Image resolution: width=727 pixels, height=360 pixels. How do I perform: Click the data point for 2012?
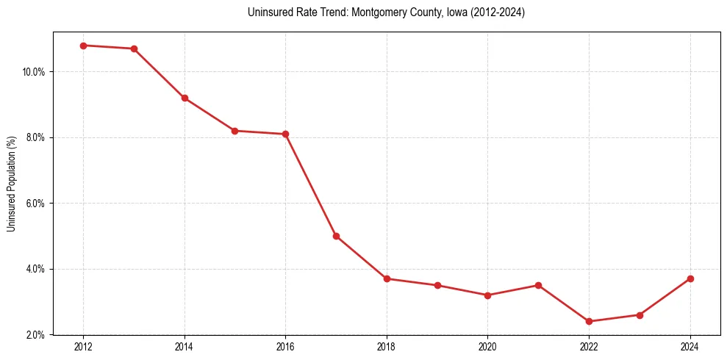click(83, 46)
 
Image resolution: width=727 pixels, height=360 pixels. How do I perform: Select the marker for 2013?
click(134, 48)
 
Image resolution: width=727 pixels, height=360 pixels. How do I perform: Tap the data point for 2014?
click(185, 98)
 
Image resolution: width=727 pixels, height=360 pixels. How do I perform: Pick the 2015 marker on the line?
click(234, 131)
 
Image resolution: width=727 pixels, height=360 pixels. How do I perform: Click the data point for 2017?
click(336, 236)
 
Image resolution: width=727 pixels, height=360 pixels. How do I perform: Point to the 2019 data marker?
click(437, 285)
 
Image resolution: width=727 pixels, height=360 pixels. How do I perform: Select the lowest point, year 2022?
click(589, 321)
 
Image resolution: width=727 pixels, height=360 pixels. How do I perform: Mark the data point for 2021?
click(538, 285)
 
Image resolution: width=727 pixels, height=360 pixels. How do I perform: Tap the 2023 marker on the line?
click(640, 315)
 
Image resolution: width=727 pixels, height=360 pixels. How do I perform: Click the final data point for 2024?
click(690, 278)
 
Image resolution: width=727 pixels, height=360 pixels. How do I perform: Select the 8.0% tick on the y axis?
click(35, 137)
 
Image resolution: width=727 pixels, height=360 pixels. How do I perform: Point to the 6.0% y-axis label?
click(35, 204)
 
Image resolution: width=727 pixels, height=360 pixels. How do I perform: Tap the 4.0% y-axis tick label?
click(35, 269)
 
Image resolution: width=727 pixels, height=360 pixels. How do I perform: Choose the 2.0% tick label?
click(35, 335)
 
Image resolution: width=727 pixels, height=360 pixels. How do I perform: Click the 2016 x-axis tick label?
click(285, 346)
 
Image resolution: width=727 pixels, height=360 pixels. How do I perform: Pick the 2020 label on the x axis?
click(487, 346)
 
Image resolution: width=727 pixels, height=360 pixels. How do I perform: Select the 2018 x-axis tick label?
click(387, 346)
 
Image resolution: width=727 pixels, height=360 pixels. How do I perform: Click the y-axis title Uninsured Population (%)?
click(11, 184)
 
